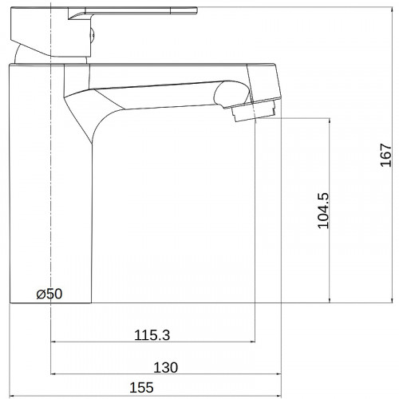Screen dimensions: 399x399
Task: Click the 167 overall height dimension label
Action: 386,155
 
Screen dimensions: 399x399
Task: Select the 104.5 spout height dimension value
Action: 323,211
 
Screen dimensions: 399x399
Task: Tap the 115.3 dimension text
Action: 152,335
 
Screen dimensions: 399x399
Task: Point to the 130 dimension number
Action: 166,368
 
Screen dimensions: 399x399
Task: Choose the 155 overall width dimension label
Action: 141,388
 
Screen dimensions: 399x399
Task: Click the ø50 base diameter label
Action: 49,294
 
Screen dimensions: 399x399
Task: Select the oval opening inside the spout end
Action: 231,93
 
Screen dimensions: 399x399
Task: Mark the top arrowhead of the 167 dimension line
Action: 393,10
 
